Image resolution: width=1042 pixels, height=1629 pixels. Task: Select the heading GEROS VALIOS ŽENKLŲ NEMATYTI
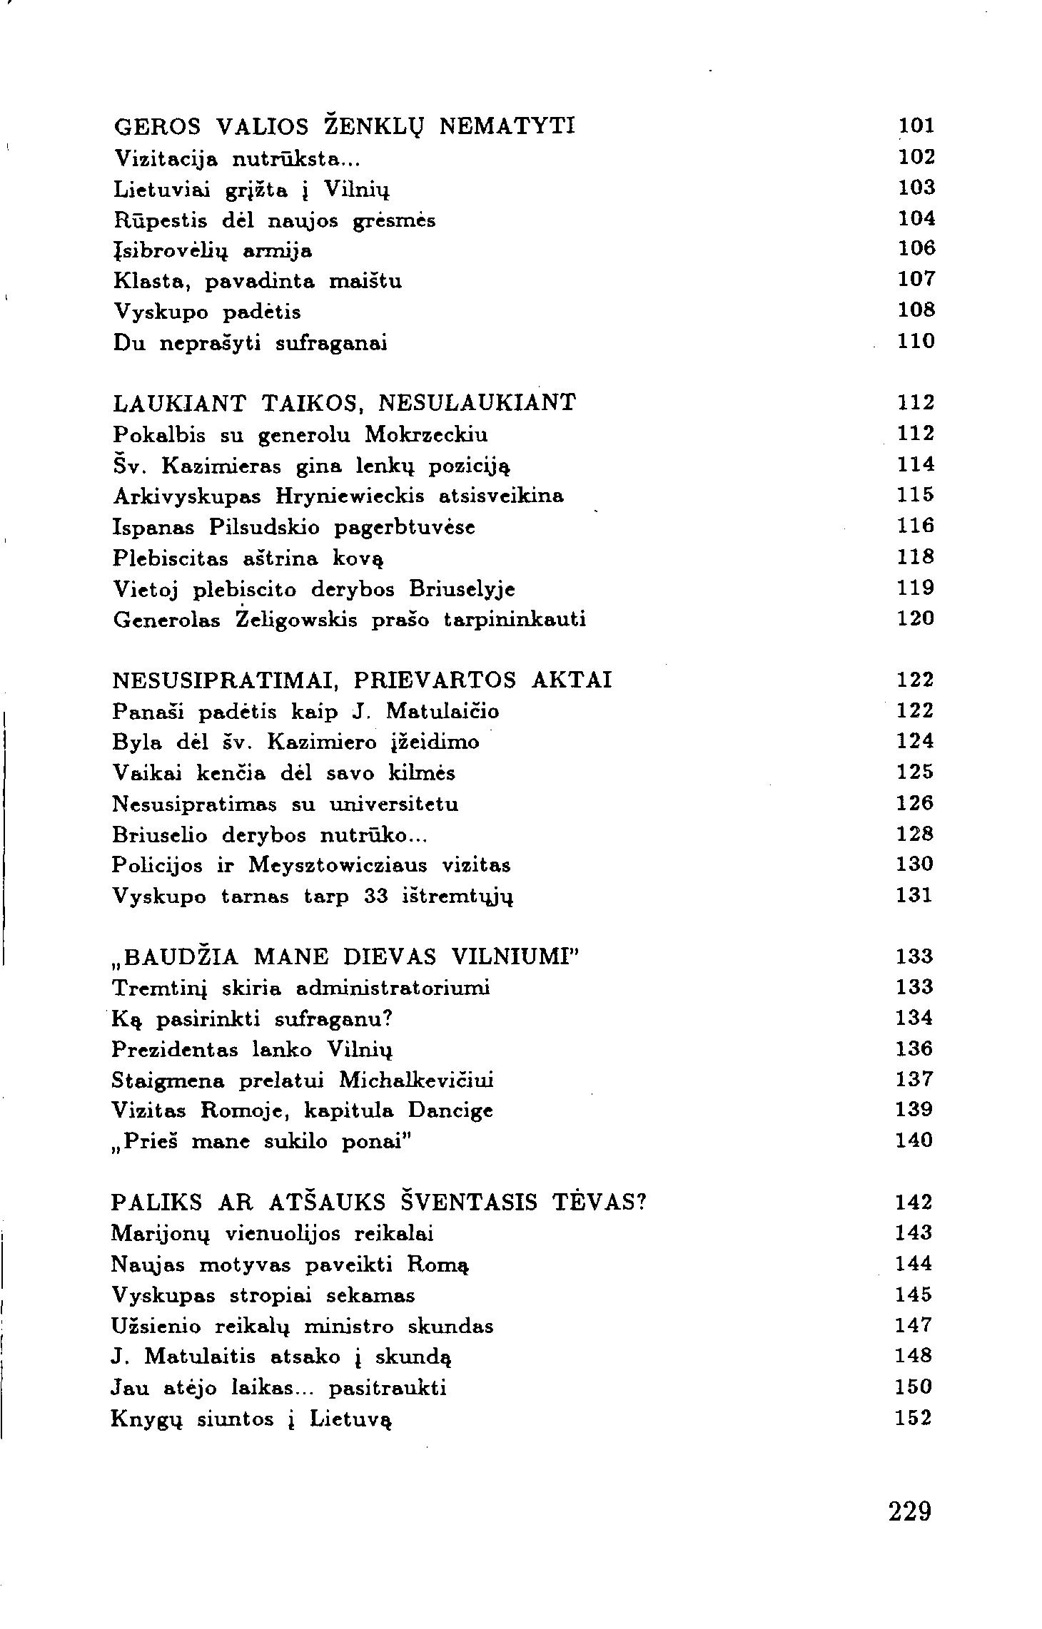(x=344, y=126)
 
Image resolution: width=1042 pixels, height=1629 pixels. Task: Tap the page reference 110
(x=916, y=342)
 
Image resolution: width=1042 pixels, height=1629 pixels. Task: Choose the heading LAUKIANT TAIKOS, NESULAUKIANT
(x=344, y=404)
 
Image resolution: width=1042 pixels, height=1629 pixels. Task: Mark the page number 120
(x=916, y=618)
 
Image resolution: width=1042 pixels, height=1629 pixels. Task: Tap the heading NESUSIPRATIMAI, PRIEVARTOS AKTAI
(x=363, y=680)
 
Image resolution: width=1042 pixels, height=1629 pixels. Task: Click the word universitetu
(x=394, y=805)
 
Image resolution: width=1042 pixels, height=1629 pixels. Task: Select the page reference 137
(x=914, y=1080)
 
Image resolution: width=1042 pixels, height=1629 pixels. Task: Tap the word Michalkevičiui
(x=416, y=1081)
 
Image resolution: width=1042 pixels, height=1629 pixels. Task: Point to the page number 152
(x=914, y=1418)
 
